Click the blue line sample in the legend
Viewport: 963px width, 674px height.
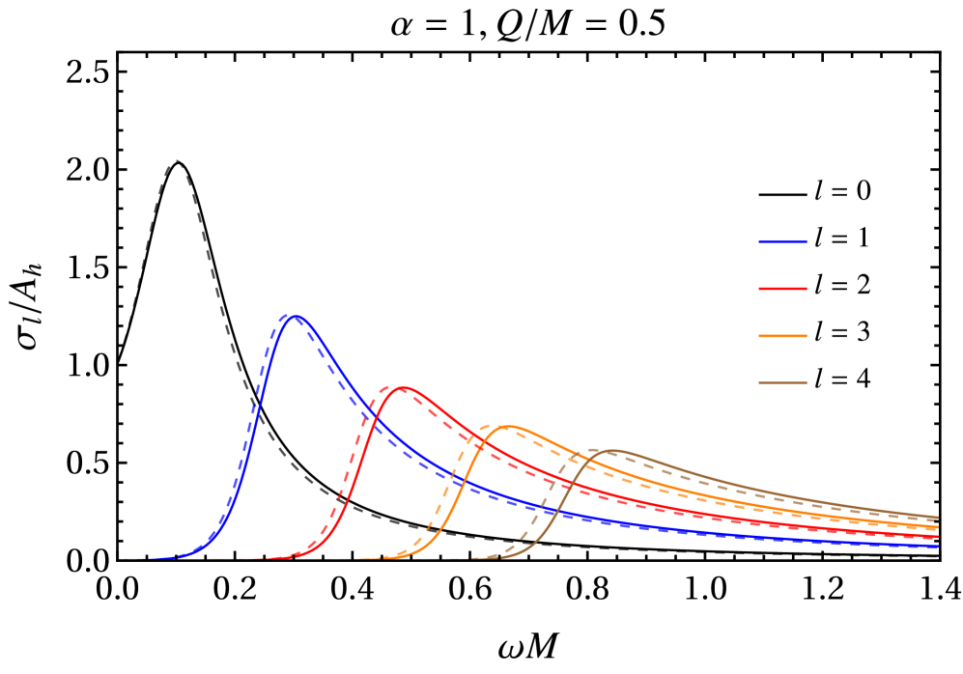point(782,241)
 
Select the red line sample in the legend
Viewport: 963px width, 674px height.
point(782,289)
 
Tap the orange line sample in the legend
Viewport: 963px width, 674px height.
point(782,336)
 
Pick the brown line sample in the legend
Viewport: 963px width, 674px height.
point(782,383)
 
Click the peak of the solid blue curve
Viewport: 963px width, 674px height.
point(297,316)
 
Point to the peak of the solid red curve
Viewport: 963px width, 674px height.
point(405,387)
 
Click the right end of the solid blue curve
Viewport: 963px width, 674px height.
point(938,547)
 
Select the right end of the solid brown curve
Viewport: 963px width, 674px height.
point(938,517)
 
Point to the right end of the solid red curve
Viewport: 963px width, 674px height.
point(938,537)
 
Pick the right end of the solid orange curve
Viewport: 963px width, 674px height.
point(938,527)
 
